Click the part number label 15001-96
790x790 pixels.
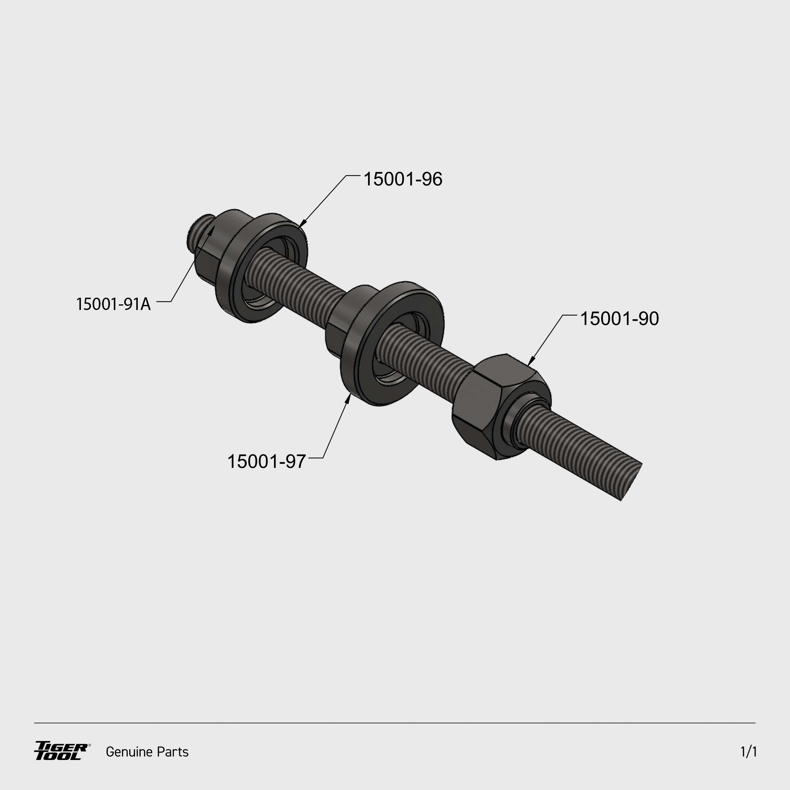pos(403,179)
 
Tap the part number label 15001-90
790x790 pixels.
pos(619,319)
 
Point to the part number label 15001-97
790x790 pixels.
pos(266,462)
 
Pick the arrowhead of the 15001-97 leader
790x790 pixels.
pos(348,398)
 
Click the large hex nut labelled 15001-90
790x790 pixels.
pos(501,407)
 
